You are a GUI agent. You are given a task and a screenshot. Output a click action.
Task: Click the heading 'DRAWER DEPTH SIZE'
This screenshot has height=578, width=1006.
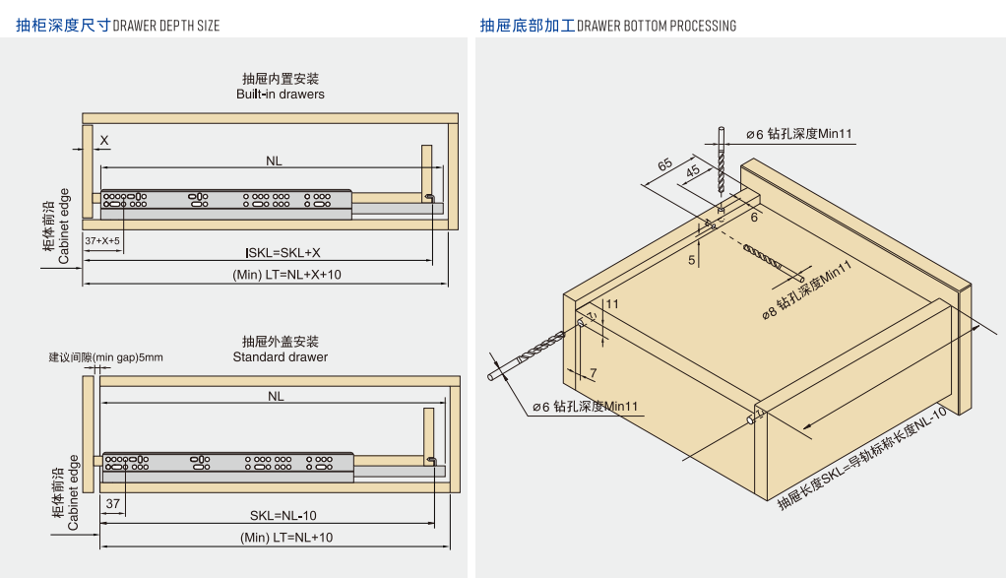pos(166,26)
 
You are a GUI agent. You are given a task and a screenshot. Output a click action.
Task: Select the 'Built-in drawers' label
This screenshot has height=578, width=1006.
pos(280,95)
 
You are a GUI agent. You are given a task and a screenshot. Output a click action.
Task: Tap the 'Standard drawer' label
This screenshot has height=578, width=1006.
pos(280,356)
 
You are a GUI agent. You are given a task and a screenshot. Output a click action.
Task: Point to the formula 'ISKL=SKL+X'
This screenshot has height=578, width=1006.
pos(283,253)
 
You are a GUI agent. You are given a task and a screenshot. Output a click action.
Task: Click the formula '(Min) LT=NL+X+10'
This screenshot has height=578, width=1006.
pos(286,275)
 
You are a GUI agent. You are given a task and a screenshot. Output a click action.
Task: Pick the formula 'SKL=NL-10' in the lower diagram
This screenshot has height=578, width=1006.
pos(283,515)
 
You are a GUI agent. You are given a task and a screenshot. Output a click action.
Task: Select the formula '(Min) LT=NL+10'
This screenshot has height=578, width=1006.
pos(286,537)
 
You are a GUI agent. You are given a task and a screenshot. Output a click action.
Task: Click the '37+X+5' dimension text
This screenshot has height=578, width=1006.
pos(101,241)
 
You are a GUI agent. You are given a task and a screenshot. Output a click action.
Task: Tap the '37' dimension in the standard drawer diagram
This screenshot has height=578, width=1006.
pos(112,503)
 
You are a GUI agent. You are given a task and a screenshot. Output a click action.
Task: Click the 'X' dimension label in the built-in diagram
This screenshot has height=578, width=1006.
pos(103,141)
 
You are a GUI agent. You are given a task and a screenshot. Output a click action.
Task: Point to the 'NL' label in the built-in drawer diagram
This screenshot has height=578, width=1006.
pos(275,161)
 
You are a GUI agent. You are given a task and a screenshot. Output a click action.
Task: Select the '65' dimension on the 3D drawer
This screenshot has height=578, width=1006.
pos(665,164)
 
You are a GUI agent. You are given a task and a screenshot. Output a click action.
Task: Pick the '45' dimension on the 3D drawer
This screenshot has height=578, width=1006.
pos(693,170)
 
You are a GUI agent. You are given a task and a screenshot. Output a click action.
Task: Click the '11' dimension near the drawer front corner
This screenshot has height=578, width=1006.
pos(612,304)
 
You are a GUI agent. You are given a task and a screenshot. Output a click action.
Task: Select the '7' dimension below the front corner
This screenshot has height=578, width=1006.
pos(593,372)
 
